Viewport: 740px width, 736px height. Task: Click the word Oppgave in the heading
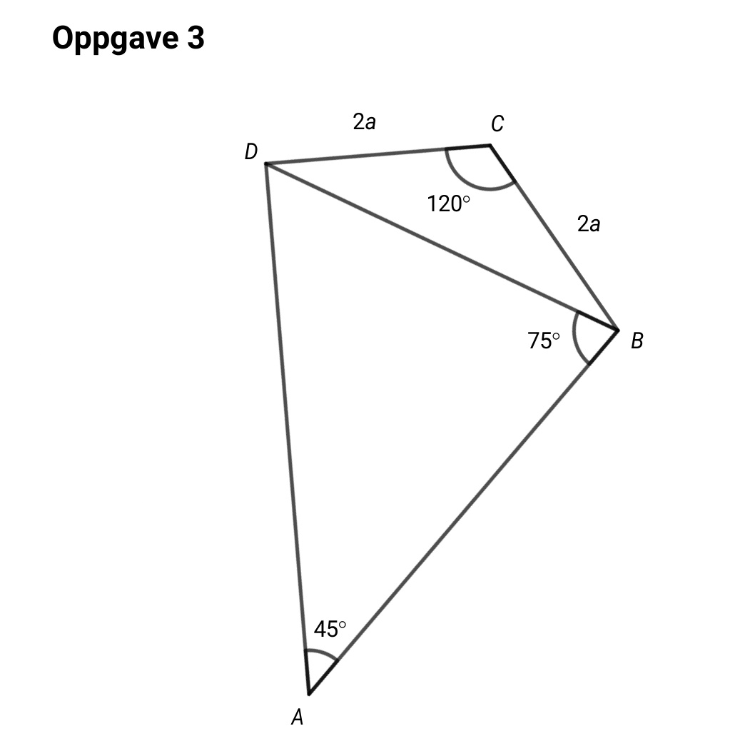(116, 39)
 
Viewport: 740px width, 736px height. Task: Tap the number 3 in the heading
(196, 37)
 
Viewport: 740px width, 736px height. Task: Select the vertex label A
(298, 717)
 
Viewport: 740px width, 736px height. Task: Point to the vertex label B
(637, 341)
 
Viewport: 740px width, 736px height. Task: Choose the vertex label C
(497, 123)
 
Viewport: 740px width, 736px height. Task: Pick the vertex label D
(251, 151)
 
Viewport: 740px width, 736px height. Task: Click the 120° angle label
(448, 204)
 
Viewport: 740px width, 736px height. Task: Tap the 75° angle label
(544, 341)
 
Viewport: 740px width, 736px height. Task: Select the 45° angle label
(330, 629)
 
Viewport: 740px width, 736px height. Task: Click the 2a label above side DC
(365, 122)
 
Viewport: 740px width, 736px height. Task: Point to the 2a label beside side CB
(589, 223)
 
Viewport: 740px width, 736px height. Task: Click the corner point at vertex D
(265, 163)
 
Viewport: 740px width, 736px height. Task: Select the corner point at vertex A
(309, 695)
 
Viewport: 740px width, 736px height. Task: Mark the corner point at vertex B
(618, 330)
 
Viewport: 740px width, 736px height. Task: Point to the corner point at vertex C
(490, 145)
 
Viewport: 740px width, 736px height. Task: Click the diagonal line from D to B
(442, 247)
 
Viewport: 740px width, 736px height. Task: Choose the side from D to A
(288, 429)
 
